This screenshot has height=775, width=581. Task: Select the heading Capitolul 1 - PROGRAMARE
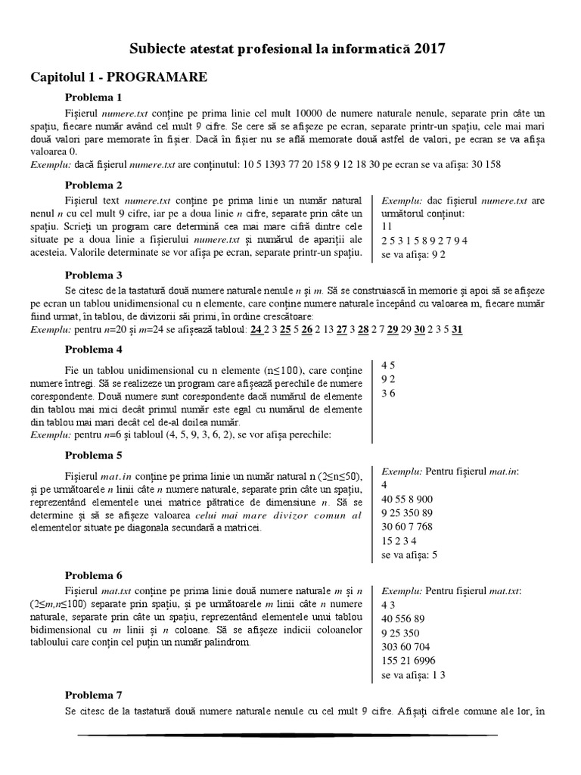point(119,77)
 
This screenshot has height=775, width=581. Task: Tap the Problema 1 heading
point(93,98)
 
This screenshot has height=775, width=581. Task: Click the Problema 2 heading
point(93,185)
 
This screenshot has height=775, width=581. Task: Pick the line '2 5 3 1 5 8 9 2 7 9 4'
point(425,241)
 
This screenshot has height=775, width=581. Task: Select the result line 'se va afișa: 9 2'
point(414,255)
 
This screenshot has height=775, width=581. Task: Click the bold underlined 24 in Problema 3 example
point(256,330)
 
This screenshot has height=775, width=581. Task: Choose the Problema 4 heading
point(93,350)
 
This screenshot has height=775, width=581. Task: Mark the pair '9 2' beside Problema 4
point(388,378)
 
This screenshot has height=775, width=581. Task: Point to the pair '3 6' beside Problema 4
point(388,393)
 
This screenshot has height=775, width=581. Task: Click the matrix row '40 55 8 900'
point(407,499)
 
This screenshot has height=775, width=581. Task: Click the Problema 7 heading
point(93,695)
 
